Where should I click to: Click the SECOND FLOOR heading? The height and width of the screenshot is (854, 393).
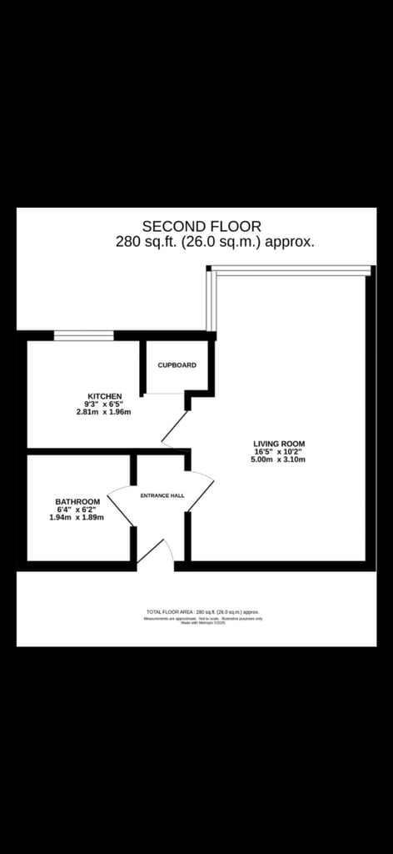point(201,226)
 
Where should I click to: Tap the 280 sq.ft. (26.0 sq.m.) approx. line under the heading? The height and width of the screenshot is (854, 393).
point(215,242)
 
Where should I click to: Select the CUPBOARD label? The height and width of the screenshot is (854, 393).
point(177,365)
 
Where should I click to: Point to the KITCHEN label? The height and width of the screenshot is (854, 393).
point(105,396)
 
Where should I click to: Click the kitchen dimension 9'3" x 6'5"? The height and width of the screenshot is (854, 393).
point(105,404)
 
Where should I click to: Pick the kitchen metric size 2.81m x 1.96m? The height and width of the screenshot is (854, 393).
point(104,412)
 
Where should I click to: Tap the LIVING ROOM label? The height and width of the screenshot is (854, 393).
point(279,444)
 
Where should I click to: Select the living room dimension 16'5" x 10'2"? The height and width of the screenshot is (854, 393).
point(279,452)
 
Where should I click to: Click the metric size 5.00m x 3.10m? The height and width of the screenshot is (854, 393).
point(279,460)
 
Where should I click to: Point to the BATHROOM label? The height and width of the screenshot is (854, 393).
point(77,501)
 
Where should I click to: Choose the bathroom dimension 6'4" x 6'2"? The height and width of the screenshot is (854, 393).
point(77,510)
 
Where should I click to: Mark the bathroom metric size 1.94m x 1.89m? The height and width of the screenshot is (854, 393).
point(77,518)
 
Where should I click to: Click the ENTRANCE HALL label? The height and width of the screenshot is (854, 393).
point(162,495)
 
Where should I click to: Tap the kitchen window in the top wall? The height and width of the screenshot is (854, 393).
point(84,335)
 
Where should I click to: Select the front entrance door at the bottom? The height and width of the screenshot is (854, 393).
point(156,555)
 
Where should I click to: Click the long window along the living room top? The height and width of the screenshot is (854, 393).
point(290,269)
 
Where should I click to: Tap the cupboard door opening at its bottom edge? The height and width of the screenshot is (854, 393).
point(164,393)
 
